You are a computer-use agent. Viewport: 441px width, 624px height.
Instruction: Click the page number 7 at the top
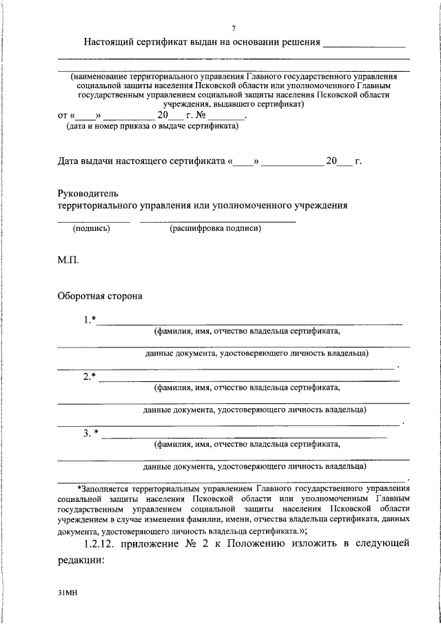(234, 28)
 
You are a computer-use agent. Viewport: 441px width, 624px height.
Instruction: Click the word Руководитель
(88, 192)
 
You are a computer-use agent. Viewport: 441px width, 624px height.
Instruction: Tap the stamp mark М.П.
(68, 261)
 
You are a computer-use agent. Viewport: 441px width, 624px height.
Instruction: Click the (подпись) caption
(92, 229)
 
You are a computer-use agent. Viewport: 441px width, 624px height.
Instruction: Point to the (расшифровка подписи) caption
(216, 229)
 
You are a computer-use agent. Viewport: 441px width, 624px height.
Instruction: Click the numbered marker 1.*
(90, 319)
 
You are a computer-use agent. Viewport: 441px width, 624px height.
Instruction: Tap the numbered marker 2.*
(90, 376)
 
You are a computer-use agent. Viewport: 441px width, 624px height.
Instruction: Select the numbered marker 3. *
(91, 433)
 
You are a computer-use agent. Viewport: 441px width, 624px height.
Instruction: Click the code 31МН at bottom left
(68, 592)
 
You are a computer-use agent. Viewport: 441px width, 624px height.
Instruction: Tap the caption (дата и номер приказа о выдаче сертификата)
(152, 126)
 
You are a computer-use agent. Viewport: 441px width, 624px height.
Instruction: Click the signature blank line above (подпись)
(93, 221)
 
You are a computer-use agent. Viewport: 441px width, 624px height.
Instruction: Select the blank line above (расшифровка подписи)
(217, 221)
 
